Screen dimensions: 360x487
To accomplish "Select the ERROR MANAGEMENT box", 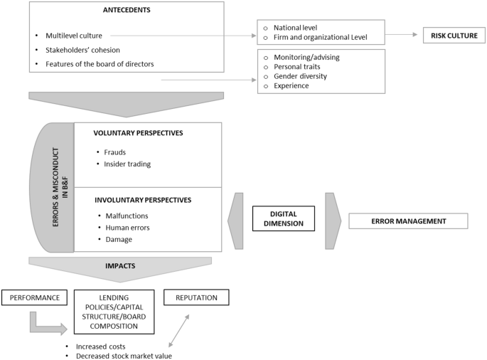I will coord(408,221).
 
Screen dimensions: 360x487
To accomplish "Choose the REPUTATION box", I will coord(196,297).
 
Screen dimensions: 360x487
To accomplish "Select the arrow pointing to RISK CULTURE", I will coord(403,35).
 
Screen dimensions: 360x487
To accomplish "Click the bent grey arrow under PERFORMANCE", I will coord(46,324).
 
